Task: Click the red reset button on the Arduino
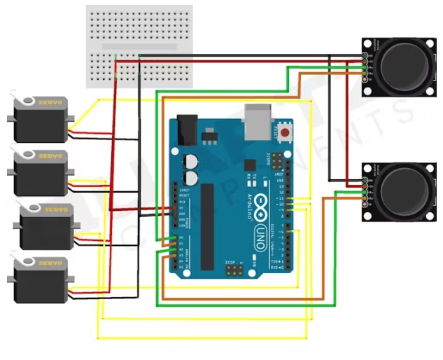click(284, 132)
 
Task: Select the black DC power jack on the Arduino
click(187, 130)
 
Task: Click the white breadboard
click(139, 46)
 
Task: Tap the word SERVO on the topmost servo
click(50, 102)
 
